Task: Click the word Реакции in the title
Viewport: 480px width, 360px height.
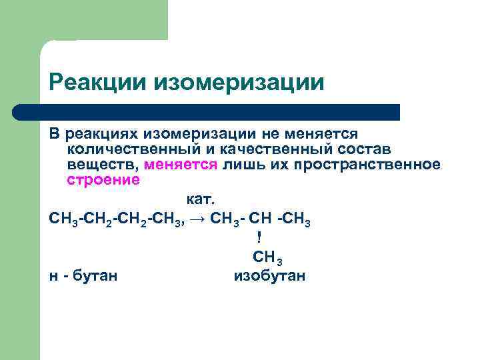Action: pos(99,83)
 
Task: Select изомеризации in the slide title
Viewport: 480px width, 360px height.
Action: pos(240,83)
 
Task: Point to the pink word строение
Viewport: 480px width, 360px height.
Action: pos(103,180)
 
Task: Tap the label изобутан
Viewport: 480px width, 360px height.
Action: pos(269,275)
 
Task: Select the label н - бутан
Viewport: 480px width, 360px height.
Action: pos(83,275)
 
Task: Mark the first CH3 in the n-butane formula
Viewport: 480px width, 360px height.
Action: pos(63,219)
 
